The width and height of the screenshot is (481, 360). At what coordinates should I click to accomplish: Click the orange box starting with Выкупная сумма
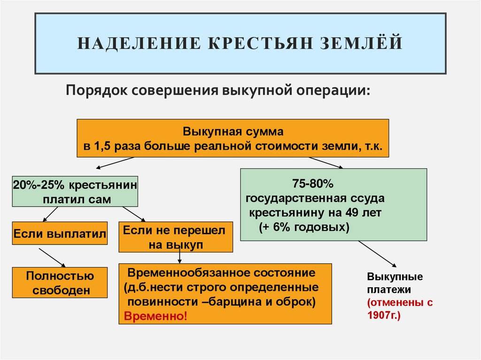233,138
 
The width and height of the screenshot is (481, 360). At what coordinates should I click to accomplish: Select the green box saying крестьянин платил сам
75,191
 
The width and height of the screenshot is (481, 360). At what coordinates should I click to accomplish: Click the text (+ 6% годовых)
304,228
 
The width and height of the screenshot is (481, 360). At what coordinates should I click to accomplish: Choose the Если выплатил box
60,233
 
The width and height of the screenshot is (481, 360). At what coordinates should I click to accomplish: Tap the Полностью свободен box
60,283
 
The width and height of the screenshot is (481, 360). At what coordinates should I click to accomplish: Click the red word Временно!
155,316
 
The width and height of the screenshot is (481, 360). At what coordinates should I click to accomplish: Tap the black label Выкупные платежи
388,282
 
